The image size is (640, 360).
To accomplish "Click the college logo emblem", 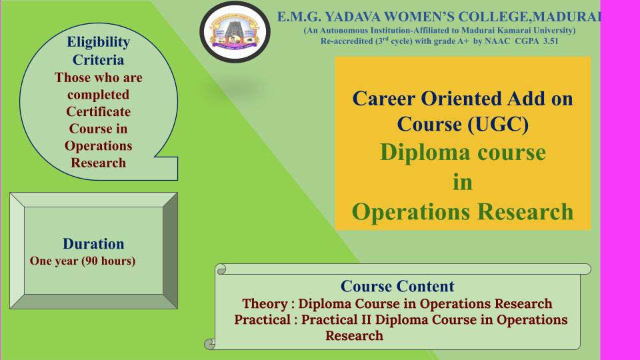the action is pos(235,32).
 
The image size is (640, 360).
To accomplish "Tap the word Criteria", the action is pos(98,60).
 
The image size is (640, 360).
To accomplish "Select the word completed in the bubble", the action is pos(99,95).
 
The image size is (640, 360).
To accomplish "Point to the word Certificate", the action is pos(99,111).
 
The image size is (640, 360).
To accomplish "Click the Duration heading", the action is pos(93,244).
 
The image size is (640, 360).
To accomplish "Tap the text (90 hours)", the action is pos(109,261).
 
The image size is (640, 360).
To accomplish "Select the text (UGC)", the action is pos(498,124).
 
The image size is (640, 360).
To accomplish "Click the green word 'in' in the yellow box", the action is pos(463,182).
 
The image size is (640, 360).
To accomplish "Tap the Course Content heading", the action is pos(397,286).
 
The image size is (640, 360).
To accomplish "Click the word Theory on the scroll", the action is pos(265,304).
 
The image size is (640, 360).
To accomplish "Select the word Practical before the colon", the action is pos(262,319).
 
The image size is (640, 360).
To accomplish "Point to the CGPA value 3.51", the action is pos(551,41).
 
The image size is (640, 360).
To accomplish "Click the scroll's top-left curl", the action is pos(221,269).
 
